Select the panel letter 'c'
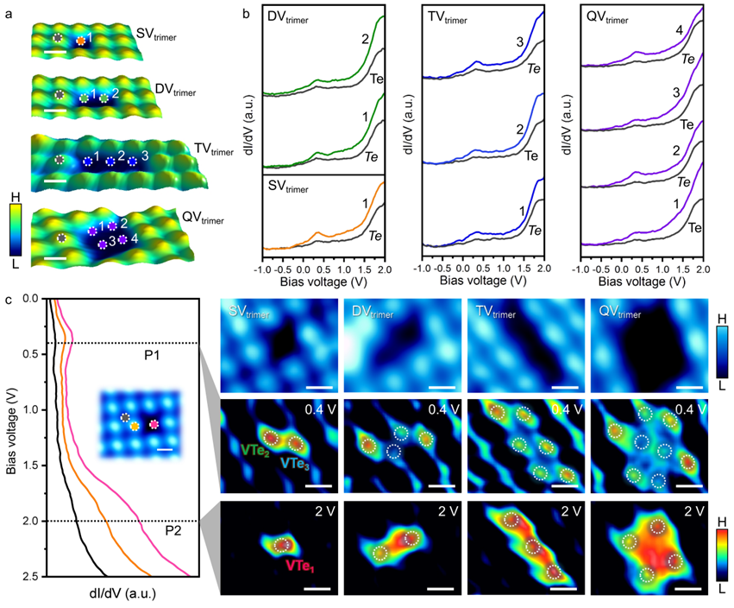pos(8,300)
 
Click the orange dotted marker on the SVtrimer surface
pos(80,40)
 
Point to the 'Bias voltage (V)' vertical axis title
pos(10,437)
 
